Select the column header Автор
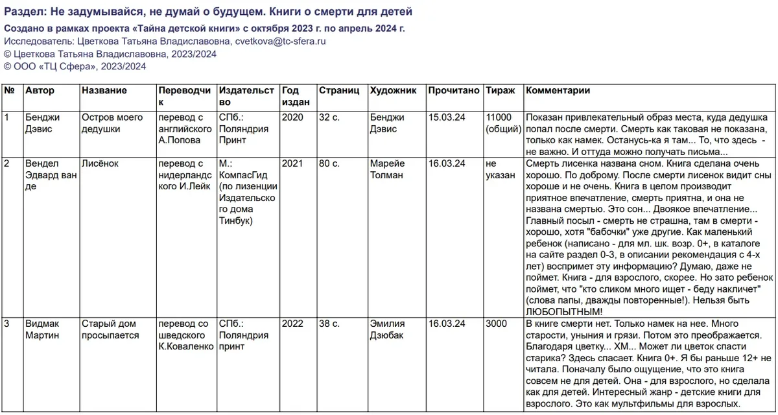[40, 91]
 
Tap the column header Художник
[393, 91]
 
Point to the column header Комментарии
[558, 91]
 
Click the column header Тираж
[501, 91]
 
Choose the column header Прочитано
[454, 91]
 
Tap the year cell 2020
[293, 117]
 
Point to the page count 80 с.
[329, 164]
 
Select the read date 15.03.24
[447, 117]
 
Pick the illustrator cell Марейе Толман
[387, 170]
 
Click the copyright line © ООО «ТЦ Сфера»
[75, 66]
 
